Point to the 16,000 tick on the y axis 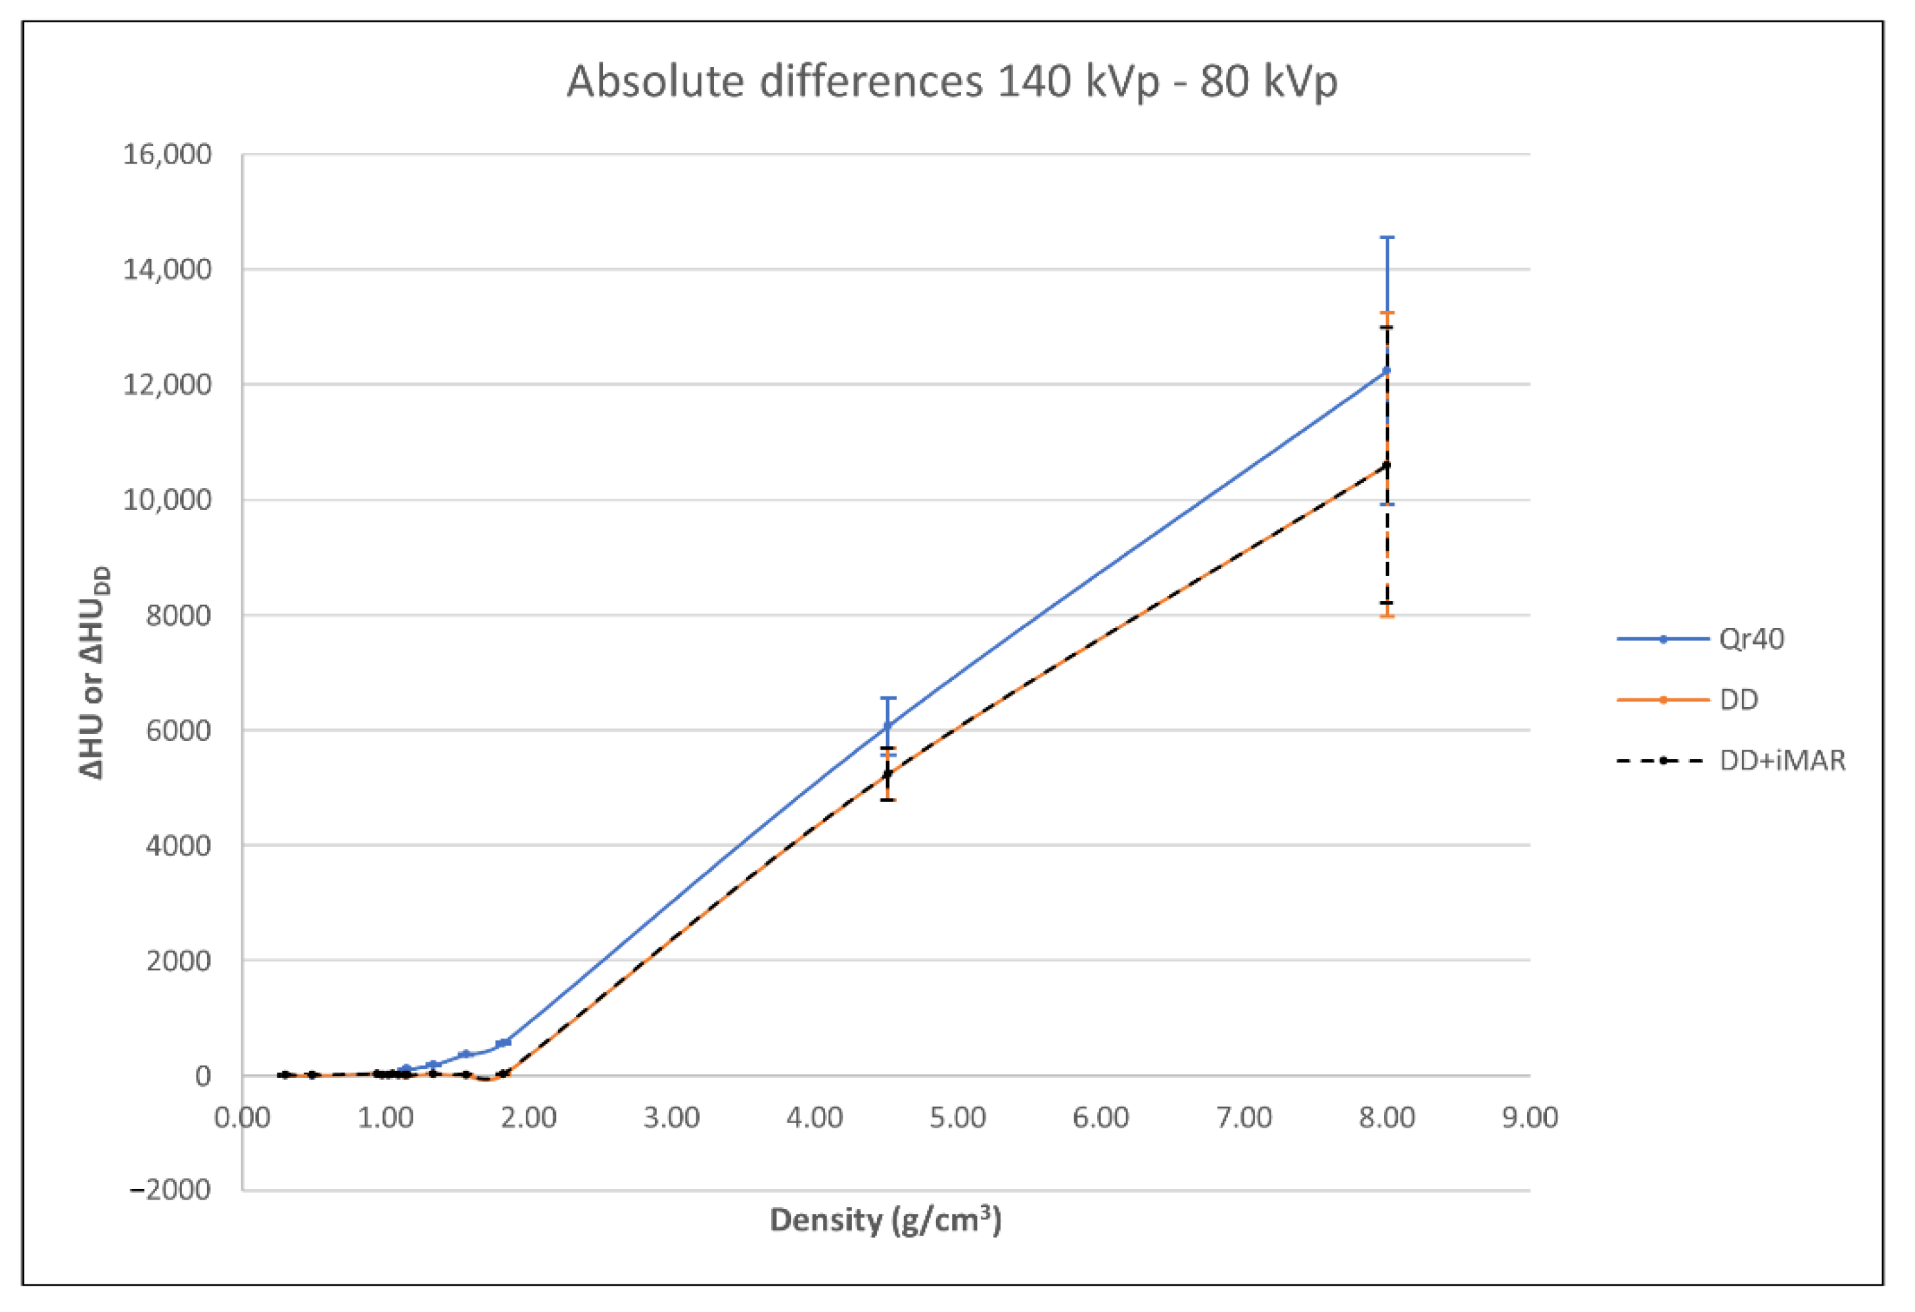167,154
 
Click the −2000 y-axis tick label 170,1189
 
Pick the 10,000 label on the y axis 167,499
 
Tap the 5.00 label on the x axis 957,1118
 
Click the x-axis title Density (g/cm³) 885,1220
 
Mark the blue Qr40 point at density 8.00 1387,370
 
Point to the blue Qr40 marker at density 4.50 887,725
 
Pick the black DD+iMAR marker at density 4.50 887,774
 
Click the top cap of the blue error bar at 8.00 1387,238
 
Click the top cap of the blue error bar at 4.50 887,698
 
